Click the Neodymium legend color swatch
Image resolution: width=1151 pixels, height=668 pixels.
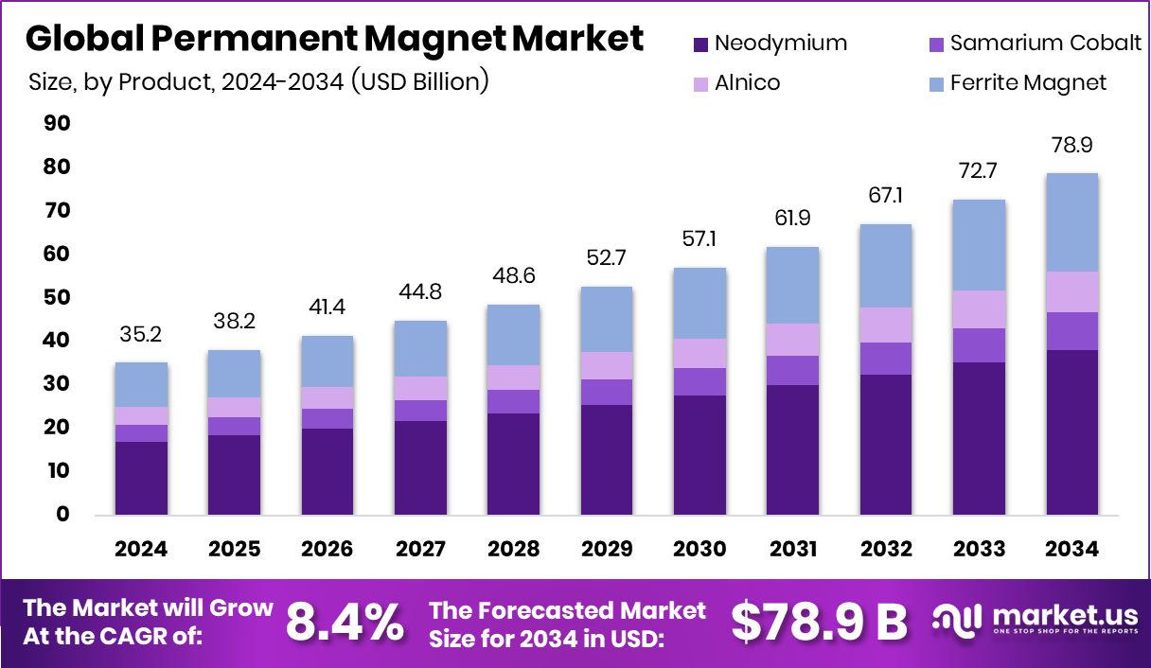[700, 44]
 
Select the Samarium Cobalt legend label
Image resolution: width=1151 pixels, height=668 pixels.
[1046, 44]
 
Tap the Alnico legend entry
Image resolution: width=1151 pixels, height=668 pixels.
[748, 83]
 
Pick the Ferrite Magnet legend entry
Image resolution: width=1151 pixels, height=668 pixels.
[1028, 83]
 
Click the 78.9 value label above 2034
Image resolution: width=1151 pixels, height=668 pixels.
[1071, 146]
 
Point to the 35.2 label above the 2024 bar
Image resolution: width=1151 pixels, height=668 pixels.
[141, 335]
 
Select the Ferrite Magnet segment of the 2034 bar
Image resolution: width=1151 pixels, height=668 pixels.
[1071, 222]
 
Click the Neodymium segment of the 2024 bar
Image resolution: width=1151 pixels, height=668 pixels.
[141, 478]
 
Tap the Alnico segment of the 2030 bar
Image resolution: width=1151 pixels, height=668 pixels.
[699, 353]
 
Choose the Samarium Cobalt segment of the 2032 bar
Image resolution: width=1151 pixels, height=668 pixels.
[886, 359]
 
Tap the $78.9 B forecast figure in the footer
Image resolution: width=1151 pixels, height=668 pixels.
[819, 622]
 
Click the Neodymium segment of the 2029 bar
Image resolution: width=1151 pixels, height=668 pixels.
[607, 460]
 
